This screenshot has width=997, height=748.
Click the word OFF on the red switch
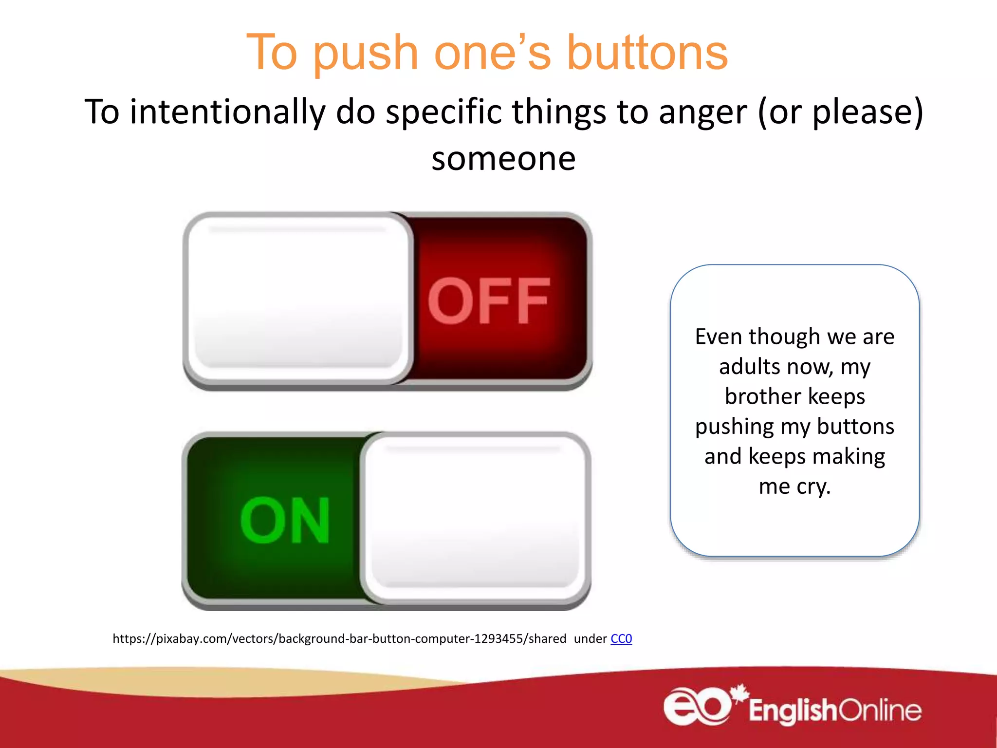pyautogui.click(x=489, y=301)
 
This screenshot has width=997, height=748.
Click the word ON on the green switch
pyautogui.click(x=285, y=520)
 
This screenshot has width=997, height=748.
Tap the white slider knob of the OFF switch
pyautogui.click(x=298, y=298)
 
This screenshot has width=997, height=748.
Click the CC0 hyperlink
pyautogui.click(x=621, y=638)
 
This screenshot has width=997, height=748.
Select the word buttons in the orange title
pyautogui.click(x=647, y=53)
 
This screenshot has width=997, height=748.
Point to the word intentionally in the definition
pyautogui.click(x=227, y=112)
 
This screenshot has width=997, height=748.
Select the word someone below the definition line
pyautogui.click(x=503, y=159)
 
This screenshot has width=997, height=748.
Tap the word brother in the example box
pyautogui.click(x=762, y=396)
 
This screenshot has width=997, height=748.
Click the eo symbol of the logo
pyautogui.click(x=697, y=706)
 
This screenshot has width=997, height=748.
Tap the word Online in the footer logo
pyautogui.click(x=880, y=711)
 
